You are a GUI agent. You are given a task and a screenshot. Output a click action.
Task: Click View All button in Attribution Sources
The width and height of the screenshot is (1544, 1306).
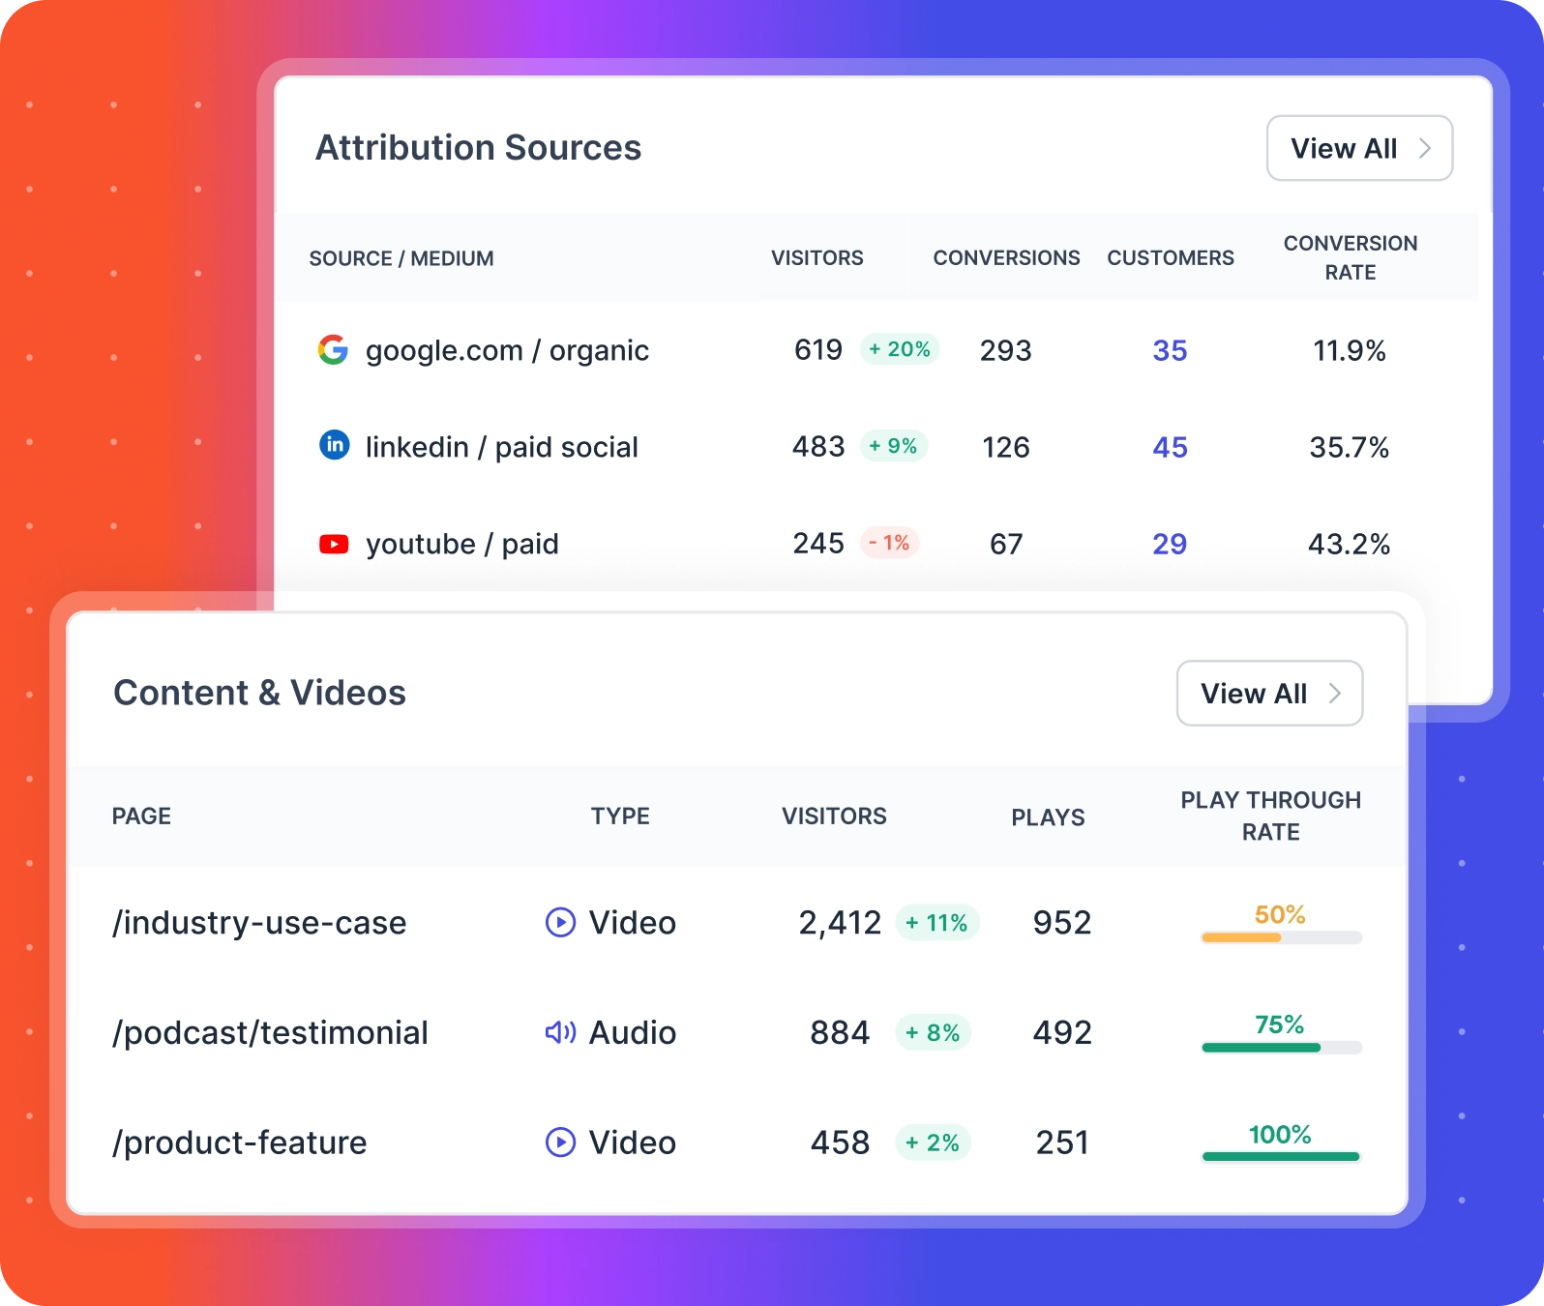tap(1359, 148)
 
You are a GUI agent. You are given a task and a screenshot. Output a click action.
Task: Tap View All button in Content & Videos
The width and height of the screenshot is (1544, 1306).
tap(1269, 694)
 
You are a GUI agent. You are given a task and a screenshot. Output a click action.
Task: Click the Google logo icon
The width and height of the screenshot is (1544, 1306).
tap(333, 349)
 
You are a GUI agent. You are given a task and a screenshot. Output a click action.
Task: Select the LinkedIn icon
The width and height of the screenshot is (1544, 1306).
tap(335, 445)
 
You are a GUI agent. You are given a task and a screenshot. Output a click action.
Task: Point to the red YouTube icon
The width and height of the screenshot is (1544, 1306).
tap(334, 544)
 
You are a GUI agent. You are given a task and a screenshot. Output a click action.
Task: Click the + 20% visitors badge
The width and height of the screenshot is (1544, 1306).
tap(900, 349)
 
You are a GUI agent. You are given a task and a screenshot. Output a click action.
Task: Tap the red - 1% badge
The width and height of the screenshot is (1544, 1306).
tap(889, 543)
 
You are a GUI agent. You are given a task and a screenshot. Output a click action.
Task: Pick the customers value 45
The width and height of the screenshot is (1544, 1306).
tap(1170, 447)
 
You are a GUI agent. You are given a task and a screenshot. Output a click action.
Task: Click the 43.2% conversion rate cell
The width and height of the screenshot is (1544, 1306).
tap(1349, 544)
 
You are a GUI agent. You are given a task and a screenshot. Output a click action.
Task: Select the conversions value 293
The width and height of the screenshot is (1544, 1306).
tap(1005, 350)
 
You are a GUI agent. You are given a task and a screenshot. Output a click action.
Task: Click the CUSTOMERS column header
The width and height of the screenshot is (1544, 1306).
tap(1170, 258)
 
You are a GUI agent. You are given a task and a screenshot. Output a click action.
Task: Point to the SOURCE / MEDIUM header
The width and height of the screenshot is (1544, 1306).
tap(401, 258)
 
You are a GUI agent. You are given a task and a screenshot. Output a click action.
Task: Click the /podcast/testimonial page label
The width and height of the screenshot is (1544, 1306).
tap(270, 1032)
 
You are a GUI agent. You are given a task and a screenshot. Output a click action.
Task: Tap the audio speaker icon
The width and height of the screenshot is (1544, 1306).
tap(560, 1032)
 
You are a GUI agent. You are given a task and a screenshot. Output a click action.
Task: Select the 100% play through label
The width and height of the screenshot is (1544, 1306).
tap(1279, 1134)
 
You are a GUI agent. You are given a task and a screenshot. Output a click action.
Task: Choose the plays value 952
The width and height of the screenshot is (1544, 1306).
tap(1061, 922)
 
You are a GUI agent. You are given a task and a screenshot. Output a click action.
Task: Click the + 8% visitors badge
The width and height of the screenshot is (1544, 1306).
tap(933, 1032)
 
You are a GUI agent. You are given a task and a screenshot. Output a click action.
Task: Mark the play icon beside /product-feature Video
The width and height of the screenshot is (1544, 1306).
tap(560, 1143)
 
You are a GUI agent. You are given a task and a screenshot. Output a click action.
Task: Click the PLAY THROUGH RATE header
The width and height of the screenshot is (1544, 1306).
tap(1270, 816)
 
